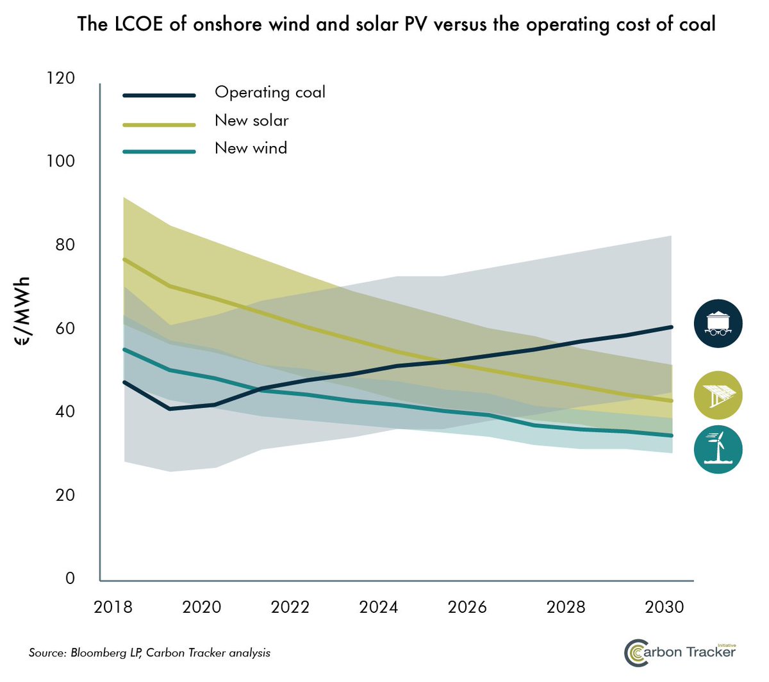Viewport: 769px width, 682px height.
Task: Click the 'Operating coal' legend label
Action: (x=270, y=93)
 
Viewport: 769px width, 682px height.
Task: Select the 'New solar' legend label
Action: (x=251, y=120)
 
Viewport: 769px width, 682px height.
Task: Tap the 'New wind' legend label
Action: (x=251, y=148)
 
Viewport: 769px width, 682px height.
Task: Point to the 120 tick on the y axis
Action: (x=61, y=78)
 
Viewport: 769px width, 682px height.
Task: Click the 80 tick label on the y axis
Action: (x=61, y=245)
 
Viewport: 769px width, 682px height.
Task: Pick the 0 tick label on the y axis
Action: (x=70, y=578)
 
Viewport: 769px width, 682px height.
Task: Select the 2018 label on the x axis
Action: (x=113, y=607)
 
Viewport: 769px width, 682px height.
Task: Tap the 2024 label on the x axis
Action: (x=378, y=607)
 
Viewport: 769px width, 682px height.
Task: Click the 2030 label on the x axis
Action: (x=665, y=607)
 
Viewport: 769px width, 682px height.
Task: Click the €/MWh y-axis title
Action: (x=22, y=312)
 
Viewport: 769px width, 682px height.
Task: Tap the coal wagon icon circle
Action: (x=718, y=323)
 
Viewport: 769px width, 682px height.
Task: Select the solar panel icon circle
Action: (x=718, y=395)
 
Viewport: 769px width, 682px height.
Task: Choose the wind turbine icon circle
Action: (x=718, y=450)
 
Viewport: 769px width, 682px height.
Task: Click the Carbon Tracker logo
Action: (x=680, y=653)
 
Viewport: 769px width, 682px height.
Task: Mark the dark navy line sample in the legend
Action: (x=159, y=95)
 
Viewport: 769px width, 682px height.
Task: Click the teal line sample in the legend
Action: (x=159, y=152)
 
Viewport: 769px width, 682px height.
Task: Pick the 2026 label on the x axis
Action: (x=467, y=607)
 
